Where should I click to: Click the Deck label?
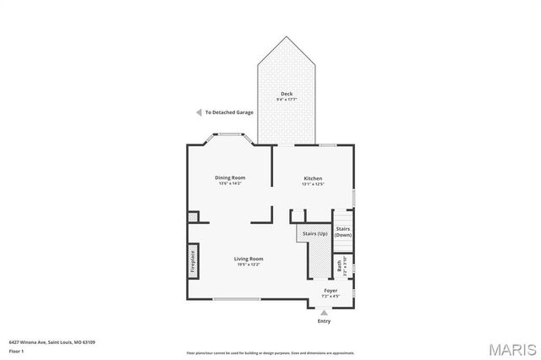(287, 94)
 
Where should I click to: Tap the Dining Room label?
(229, 177)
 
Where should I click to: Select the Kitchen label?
(313, 177)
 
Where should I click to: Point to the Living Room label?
(249, 259)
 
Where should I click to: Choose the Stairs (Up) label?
(310, 233)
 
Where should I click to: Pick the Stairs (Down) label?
(343, 232)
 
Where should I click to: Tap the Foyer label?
(331, 291)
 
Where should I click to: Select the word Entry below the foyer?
(324, 321)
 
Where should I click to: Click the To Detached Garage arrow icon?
(198, 112)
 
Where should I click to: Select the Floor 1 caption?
(16, 350)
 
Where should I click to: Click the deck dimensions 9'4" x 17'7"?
(287, 100)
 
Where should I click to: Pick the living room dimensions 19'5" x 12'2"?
(249, 265)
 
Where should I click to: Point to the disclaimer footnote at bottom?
(271, 352)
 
